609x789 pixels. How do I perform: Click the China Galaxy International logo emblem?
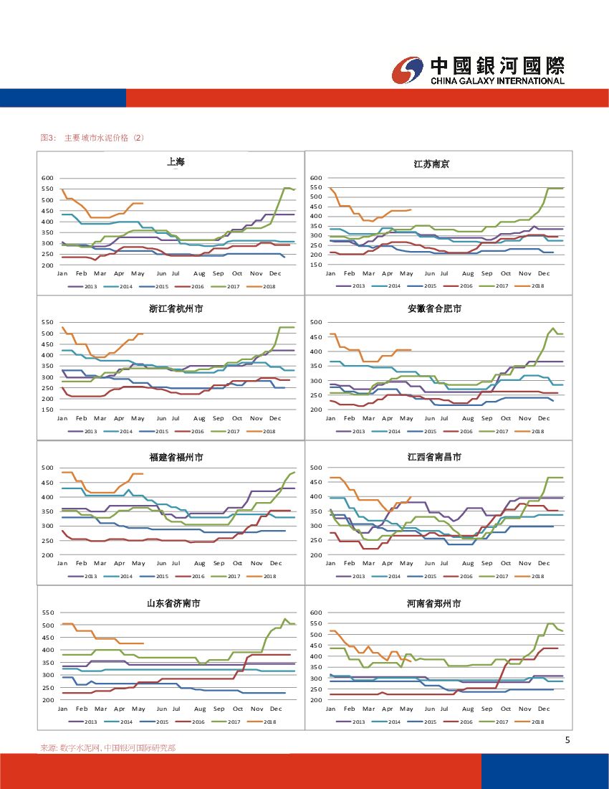tap(409, 70)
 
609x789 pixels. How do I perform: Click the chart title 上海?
tap(176, 162)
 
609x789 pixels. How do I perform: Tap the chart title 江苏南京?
tap(431, 164)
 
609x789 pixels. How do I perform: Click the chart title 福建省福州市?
tap(176, 457)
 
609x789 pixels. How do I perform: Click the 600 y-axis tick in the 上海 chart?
tap(47, 178)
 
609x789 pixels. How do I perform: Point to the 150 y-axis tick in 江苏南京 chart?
tap(316, 265)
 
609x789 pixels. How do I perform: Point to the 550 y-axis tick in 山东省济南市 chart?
tap(47, 613)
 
